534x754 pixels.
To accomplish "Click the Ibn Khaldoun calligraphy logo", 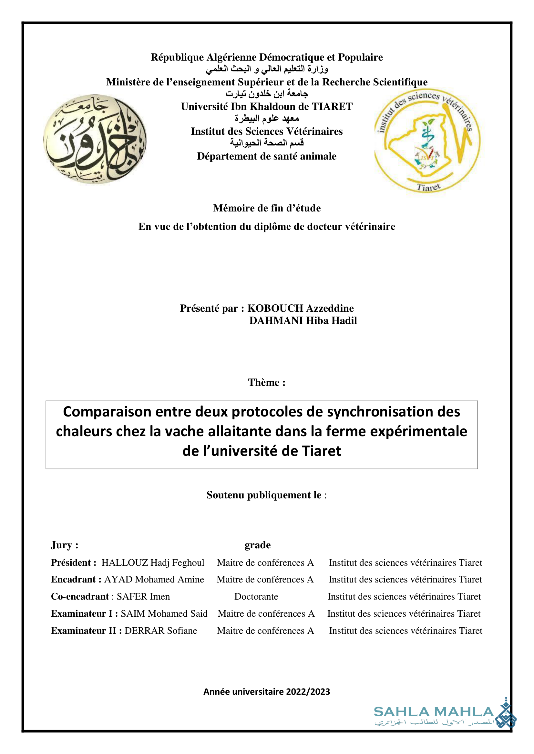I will pyautogui.click(x=95, y=139).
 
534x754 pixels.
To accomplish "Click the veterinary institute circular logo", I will pyautogui.click(x=427, y=140).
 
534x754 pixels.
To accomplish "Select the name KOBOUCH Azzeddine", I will pyautogui.click(x=300, y=308).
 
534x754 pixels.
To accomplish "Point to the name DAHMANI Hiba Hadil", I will pyautogui.click(x=303, y=320).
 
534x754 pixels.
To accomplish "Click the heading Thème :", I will pyautogui.click(x=267, y=382).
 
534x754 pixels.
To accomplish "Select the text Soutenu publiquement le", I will pyautogui.click(x=264, y=495).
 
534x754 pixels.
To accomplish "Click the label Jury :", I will pyautogui.click(x=65, y=545).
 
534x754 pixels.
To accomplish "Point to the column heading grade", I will pyautogui.click(x=257, y=545).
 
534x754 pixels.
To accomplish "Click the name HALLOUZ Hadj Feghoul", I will pyautogui.click(x=153, y=563).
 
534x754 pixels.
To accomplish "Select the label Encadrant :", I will pyautogui.click(x=76, y=579).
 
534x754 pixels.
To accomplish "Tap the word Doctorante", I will pyautogui.click(x=256, y=596).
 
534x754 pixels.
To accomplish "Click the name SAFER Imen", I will pyautogui.click(x=143, y=596).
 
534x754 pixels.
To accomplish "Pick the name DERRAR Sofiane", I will pyautogui.click(x=161, y=631).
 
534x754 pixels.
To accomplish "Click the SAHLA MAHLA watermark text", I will pyautogui.click(x=433, y=712).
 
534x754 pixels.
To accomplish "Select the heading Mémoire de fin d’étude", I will pyautogui.click(x=267, y=208).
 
